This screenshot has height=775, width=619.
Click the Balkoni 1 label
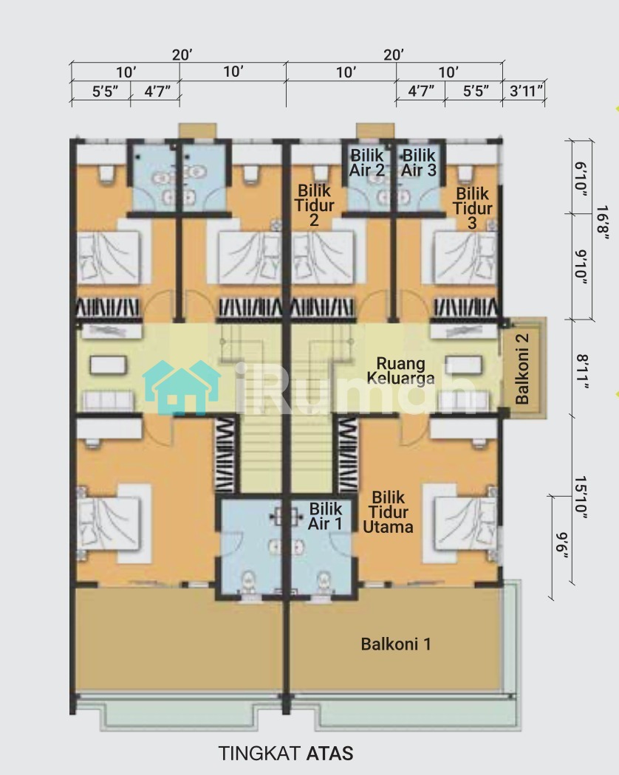pyautogui.click(x=396, y=644)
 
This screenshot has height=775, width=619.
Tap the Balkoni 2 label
pyautogui.click(x=522, y=369)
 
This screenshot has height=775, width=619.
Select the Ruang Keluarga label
pyautogui.click(x=401, y=371)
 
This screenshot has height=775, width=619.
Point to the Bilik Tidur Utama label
pyautogui.click(x=388, y=512)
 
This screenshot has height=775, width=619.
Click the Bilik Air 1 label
pyautogui.click(x=326, y=516)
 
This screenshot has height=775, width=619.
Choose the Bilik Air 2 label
pyautogui.click(x=367, y=162)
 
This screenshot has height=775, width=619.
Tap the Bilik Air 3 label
pyautogui.click(x=419, y=162)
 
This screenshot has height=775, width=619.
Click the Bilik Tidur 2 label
pyautogui.click(x=314, y=205)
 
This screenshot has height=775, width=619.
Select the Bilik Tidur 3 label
pyautogui.click(x=473, y=208)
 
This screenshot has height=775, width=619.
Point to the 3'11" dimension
pyautogui.click(x=526, y=91)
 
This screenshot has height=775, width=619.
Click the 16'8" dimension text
pyautogui.click(x=602, y=222)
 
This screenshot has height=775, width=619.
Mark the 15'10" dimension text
pyautogui.click(x=581, y=497)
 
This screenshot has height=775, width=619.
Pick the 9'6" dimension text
pyautogui.click(x=561, y=545)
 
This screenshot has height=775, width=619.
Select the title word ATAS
pyautogui.click(x=329, y=754)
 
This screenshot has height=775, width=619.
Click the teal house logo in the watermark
pyautogui.click(x=182, y=387)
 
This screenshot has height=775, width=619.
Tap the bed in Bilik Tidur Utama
pyautogui.click(x=465, y=523)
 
